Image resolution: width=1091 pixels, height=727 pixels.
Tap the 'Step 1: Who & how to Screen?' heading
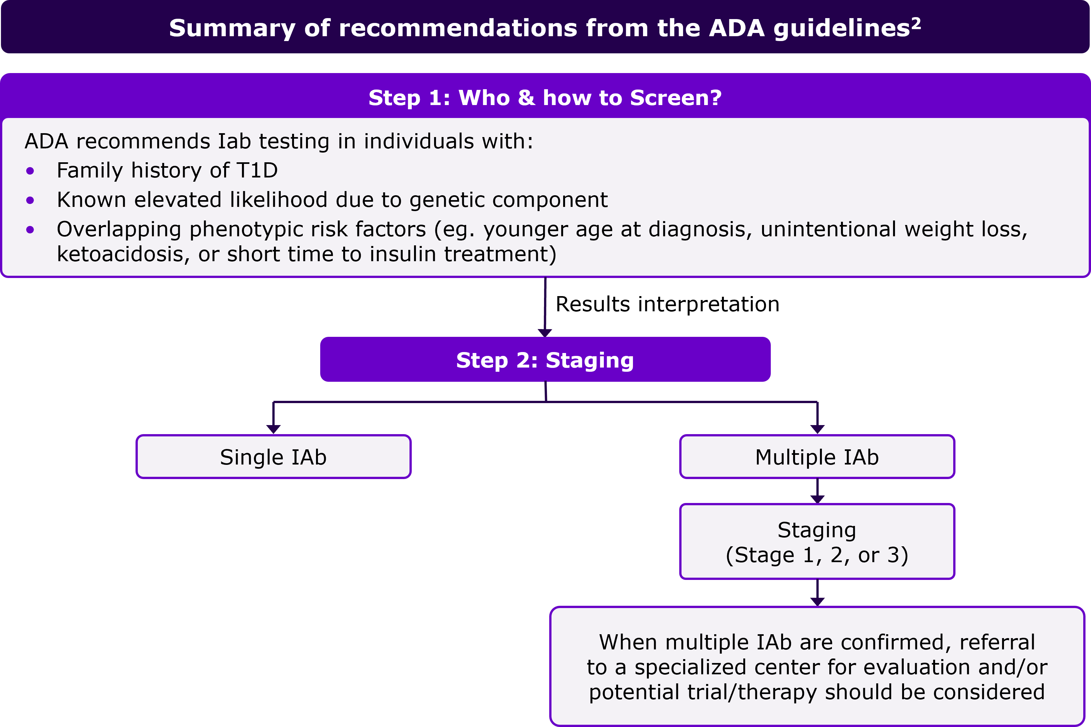[545, 98]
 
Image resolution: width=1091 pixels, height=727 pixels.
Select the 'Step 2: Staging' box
[545, 359]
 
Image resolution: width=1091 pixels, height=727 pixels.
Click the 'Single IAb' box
[274, 457]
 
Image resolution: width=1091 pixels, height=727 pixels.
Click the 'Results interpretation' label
[668, 305]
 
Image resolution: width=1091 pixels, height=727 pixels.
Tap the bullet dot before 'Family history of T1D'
[30, 171]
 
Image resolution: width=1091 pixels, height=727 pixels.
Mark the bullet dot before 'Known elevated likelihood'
[30, 200]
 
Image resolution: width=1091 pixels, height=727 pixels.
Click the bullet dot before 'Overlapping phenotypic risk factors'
[30, 230]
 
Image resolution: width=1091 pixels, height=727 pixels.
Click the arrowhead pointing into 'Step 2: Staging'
[545, 333]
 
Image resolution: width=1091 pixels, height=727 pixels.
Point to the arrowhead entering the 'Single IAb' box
[274, 429]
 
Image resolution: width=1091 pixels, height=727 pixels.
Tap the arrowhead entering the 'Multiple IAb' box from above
[817, 429]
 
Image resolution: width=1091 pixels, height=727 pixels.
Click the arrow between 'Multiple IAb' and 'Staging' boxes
[817, 491]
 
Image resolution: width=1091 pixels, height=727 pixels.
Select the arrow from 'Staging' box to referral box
[817, 593]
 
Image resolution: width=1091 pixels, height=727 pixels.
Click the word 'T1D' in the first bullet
[257, 171]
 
